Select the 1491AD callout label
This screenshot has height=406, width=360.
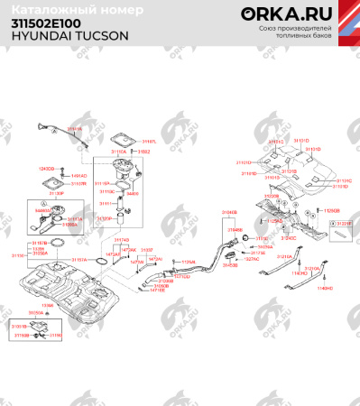point(79,175)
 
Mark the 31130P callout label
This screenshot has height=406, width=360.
point(56,193)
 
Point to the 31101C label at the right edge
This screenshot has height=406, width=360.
point(344,180)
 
